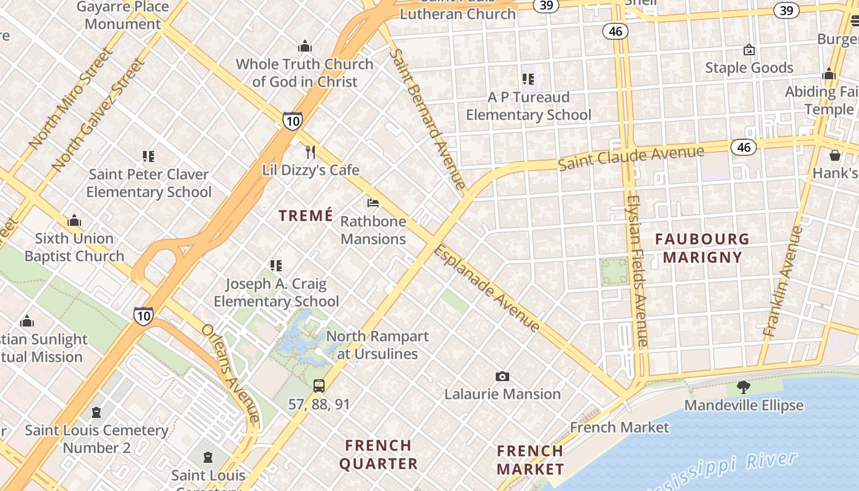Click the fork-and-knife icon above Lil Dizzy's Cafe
coord(310,152)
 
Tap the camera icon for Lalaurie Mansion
coord(503,376)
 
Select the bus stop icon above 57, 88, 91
coord(319,385)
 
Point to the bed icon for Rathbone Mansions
coord(373,203)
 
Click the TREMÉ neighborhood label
coord(306,215)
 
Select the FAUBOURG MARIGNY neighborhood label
coord(702,248)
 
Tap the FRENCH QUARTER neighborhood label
coord(379,454)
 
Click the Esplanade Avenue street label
coord(487,288)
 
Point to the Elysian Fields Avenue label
coord(638,271)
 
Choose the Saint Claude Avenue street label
coord(631,157)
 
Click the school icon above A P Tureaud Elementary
coord(528,79)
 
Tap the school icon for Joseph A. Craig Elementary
coord(276,266)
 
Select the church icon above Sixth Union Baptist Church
coord(74,220)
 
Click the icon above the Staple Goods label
coord(749,50)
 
